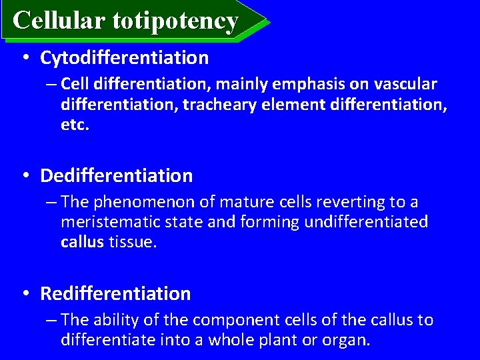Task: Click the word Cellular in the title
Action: tap(58, 21)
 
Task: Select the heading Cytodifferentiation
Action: tap(124, 58)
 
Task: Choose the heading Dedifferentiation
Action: tap(116, 176)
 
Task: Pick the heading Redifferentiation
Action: tap(115, 293)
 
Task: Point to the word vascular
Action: tap(403, 85)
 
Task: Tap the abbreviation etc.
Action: tap(75, 125)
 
